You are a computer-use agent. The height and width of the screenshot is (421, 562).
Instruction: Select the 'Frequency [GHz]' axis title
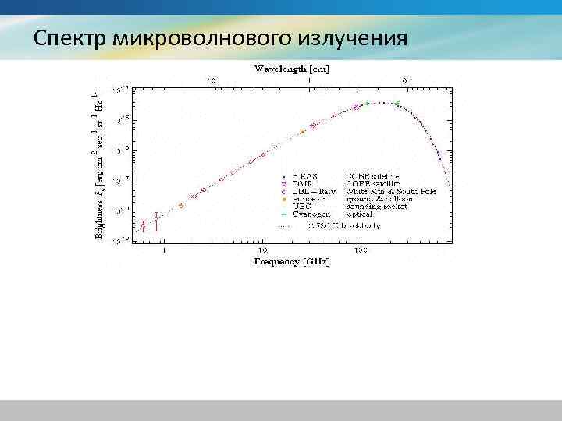291,262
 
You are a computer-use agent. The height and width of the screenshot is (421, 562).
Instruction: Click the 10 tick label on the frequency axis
263,250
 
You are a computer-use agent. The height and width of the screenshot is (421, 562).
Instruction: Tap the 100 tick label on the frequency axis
360,250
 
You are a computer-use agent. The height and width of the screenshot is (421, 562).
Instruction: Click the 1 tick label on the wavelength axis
310,80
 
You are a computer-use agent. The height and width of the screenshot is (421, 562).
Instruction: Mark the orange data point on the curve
301,132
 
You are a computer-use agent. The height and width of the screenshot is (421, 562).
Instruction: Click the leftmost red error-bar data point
143,225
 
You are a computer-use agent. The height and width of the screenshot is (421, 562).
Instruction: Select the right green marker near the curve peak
397,103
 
